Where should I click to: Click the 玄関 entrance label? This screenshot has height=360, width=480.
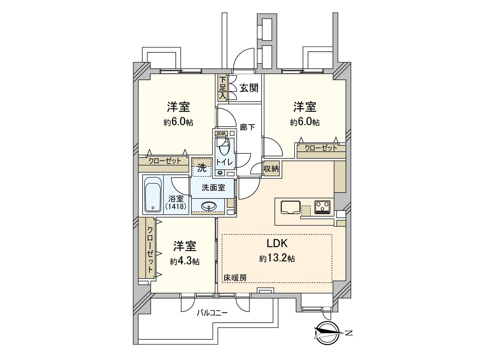pos(249,88)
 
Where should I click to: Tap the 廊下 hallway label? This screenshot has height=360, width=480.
pos(247,127)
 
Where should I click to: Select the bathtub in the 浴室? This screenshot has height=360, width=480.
pos(153,194)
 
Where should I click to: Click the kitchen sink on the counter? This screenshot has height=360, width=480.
pos(290,207)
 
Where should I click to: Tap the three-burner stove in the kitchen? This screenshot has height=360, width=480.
pos(322,207)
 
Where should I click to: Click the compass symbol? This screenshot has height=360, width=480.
pos(327,333)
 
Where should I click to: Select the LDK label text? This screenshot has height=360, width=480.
pos(277,243)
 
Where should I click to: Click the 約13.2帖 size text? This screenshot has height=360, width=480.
pos(277,258)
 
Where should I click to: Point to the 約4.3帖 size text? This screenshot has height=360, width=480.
pos(184,261)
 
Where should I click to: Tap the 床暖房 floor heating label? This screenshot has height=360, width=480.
pos(235,278)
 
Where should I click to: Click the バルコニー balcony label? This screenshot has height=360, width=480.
pos(212,313)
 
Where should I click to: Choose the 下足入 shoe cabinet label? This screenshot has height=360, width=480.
pos(222,88)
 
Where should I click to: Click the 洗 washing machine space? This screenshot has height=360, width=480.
pos(202,168)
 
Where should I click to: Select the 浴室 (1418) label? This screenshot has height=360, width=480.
pos(176,202)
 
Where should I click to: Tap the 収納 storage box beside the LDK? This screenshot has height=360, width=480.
pos(271,169)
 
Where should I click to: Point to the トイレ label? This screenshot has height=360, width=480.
pos(224,162)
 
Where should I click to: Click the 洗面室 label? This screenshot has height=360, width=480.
pos(213,188)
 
